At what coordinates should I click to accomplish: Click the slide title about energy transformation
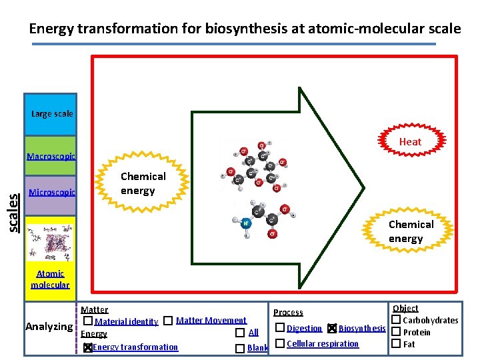[245, 29]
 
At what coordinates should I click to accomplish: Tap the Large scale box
[51, 114]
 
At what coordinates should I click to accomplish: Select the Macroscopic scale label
[51, 157]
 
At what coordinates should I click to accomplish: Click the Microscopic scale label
[51, 193]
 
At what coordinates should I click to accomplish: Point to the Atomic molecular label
[50, 279]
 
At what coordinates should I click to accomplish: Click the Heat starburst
[410, 141]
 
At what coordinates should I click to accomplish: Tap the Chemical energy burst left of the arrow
[142, 183]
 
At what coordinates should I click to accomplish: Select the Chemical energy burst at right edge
[411, 231]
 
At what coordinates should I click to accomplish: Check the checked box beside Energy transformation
[87, 347]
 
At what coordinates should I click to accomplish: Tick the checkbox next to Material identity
[88, 321]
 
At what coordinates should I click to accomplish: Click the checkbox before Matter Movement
[168, 321]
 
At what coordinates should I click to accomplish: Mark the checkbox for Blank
[239, 348]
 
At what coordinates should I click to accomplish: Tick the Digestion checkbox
[279, 328]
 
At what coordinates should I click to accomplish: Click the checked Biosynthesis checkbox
[333, 328]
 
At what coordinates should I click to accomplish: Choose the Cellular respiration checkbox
[279, 343]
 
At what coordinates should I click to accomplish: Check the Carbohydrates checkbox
[395, 320]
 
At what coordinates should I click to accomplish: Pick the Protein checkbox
[395, 332]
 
